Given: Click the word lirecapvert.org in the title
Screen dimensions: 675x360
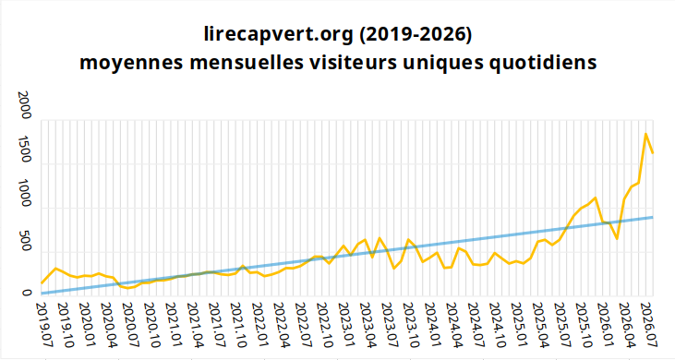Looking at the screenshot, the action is point(279,35).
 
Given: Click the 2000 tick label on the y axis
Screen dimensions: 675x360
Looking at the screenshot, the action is point(26,105).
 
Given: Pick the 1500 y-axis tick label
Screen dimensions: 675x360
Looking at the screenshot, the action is point(26,150).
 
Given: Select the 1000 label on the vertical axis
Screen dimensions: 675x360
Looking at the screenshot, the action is point(26,194).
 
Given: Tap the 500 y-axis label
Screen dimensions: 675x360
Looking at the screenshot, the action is point(26,241).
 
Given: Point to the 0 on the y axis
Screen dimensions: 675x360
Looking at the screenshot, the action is point(26,293).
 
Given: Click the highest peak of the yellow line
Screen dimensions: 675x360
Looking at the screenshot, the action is point(645,134).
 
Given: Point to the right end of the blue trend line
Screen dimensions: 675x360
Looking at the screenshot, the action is point(653,217).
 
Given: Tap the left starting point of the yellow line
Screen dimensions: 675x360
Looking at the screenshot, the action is point(42,283).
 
